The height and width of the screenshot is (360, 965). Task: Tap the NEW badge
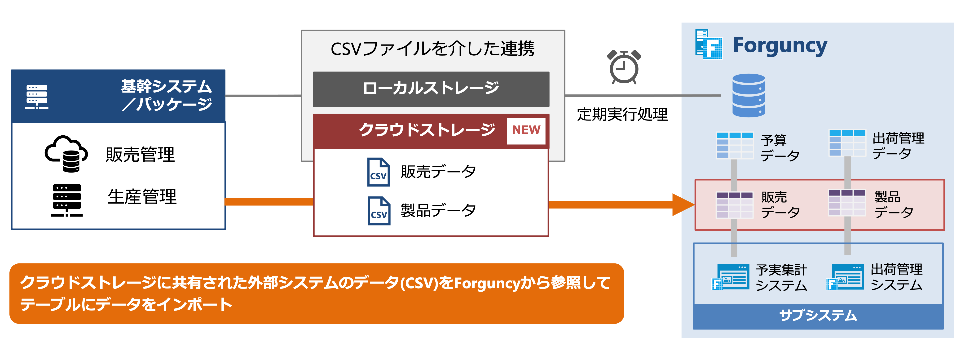[526, 130]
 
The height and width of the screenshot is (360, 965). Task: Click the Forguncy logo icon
[708, 44]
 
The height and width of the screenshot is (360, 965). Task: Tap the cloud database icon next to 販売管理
[66, 154]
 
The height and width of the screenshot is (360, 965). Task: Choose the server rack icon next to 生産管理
[67, 200]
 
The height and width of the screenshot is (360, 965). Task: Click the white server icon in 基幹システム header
[37, 97]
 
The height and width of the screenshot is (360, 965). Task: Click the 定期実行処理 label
[622, 114]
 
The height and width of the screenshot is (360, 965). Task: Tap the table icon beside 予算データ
[735, 145]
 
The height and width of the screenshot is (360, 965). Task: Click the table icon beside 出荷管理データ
[847, 143]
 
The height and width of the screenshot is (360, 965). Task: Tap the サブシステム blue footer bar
[818, 316]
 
